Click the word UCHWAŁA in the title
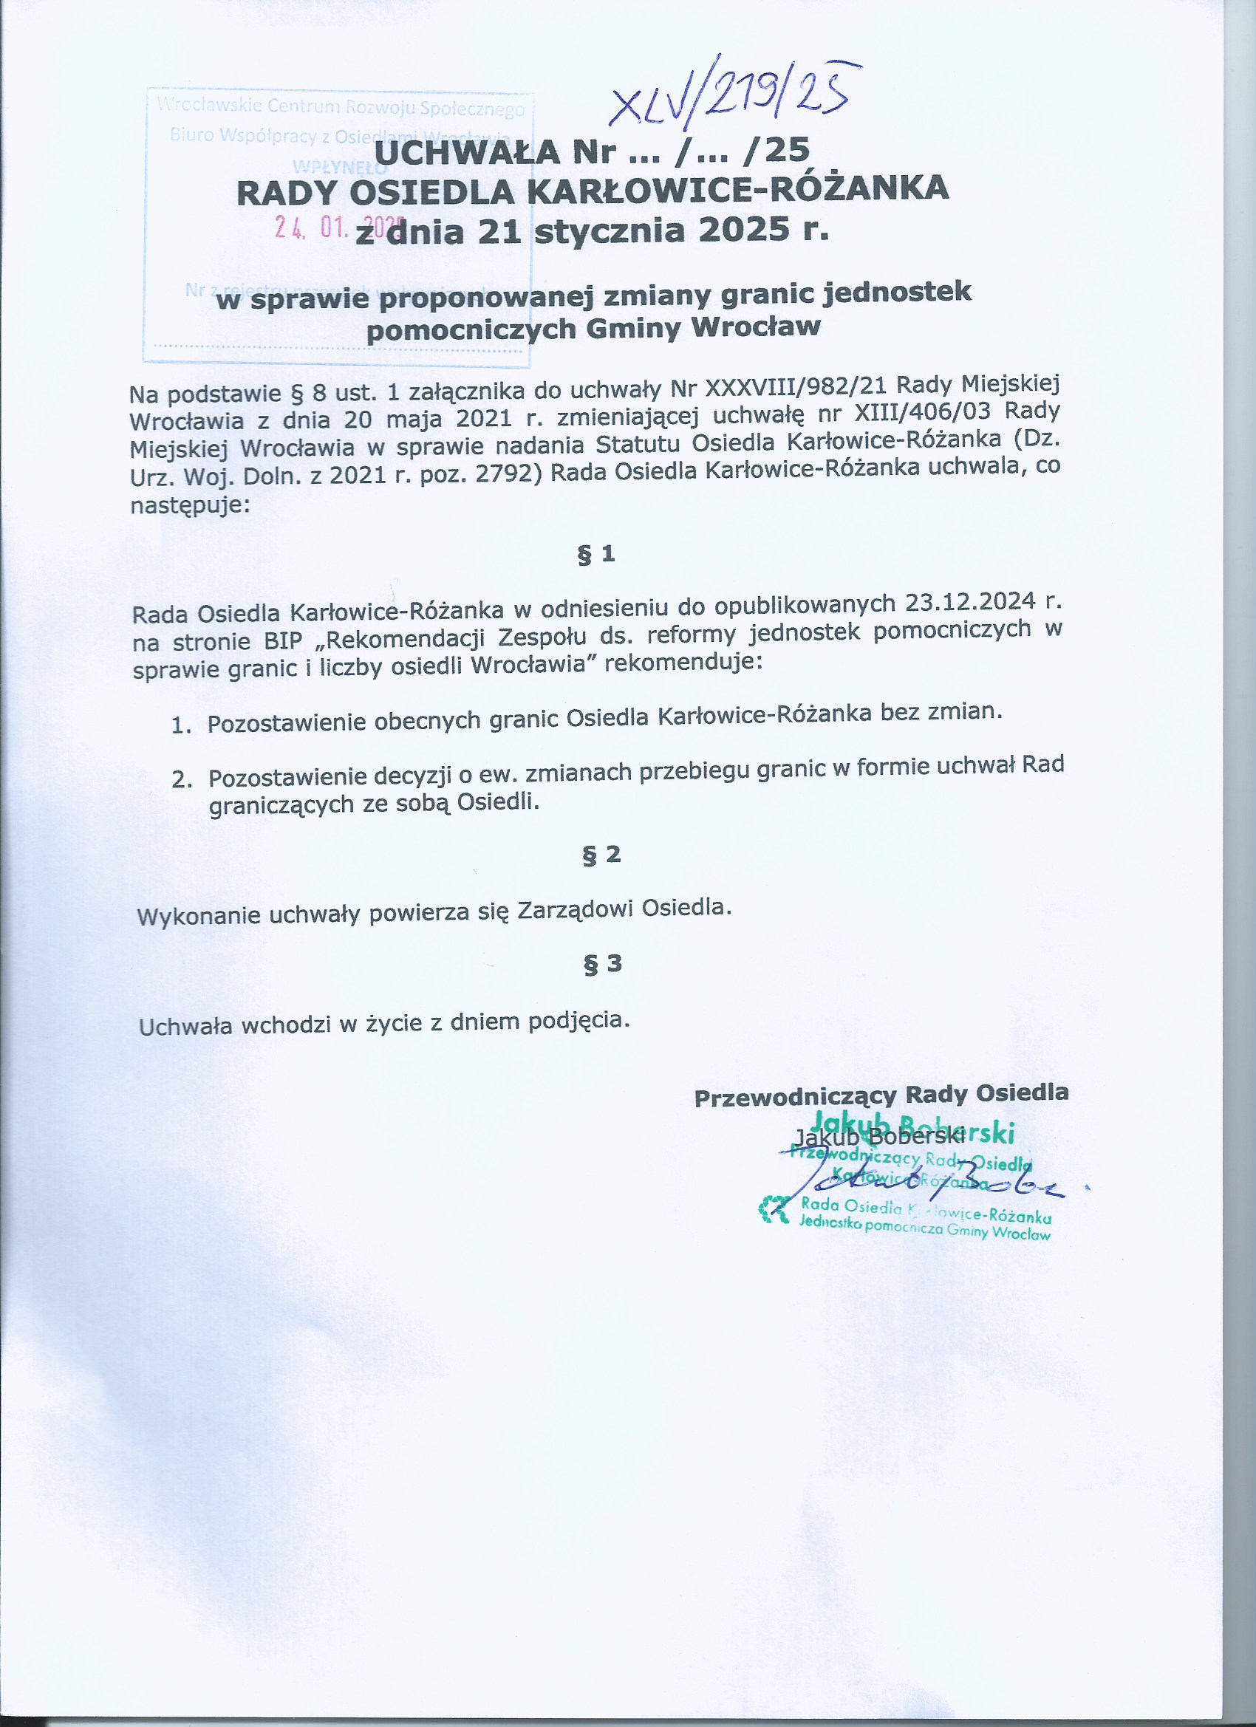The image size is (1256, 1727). point(467,152)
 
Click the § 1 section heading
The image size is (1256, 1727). point(595,554)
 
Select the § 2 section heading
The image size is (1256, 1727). point(601,855)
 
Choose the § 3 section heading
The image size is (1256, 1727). point(601,964)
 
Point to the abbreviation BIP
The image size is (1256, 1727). point(284,640)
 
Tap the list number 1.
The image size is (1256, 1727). point(180,725)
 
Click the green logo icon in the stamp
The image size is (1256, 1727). point(774,1209)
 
